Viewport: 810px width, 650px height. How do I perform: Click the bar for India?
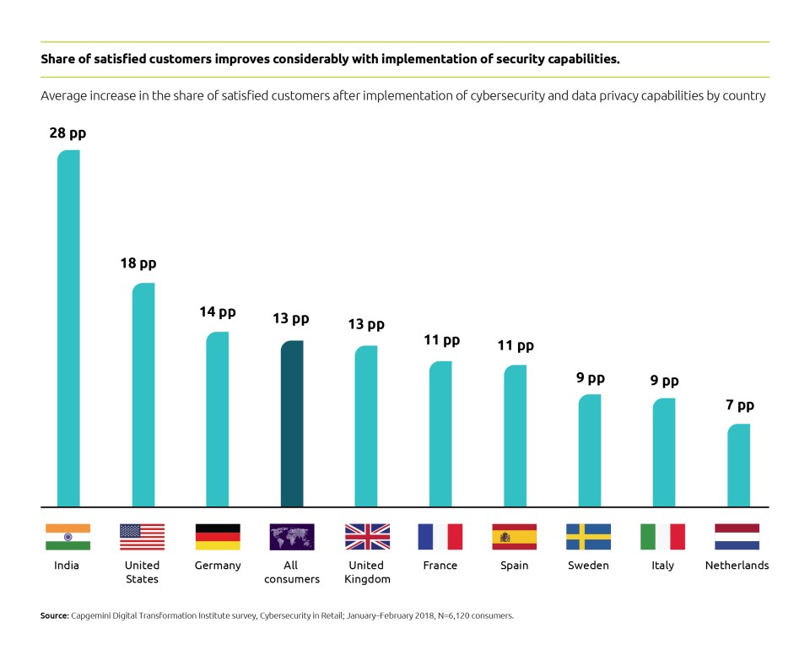[x=68, y=329]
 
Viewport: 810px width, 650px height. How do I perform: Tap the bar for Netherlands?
[x=738, y=465]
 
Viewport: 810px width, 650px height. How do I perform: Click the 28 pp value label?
[x=67, y=133]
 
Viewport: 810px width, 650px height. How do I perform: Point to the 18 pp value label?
[x=138, y=264]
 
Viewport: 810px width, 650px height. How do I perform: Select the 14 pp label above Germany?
[x=217, y=312]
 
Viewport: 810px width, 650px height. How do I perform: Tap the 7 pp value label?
[x=739, y=405]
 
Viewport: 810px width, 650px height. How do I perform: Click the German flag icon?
[x=218, y=537]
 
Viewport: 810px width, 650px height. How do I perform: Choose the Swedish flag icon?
[x=588, y=537]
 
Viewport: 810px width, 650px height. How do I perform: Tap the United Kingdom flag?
[x=367, y=537]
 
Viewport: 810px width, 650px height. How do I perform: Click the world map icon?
[x=292, y=537]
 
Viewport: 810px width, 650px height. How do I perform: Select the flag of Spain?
[x=515, y=537]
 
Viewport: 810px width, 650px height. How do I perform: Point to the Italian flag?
[x=662, y=537]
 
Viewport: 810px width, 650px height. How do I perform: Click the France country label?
[x=440, y=566]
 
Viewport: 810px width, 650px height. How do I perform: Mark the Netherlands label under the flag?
[x=737, y=566]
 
